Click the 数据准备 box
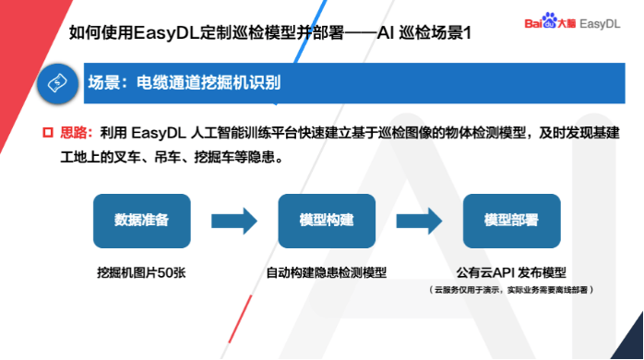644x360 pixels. pos(141,222)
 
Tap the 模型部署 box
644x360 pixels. pos(511,222)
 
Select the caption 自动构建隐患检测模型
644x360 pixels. pos(326,273)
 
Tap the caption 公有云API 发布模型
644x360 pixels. pos(511,273)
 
